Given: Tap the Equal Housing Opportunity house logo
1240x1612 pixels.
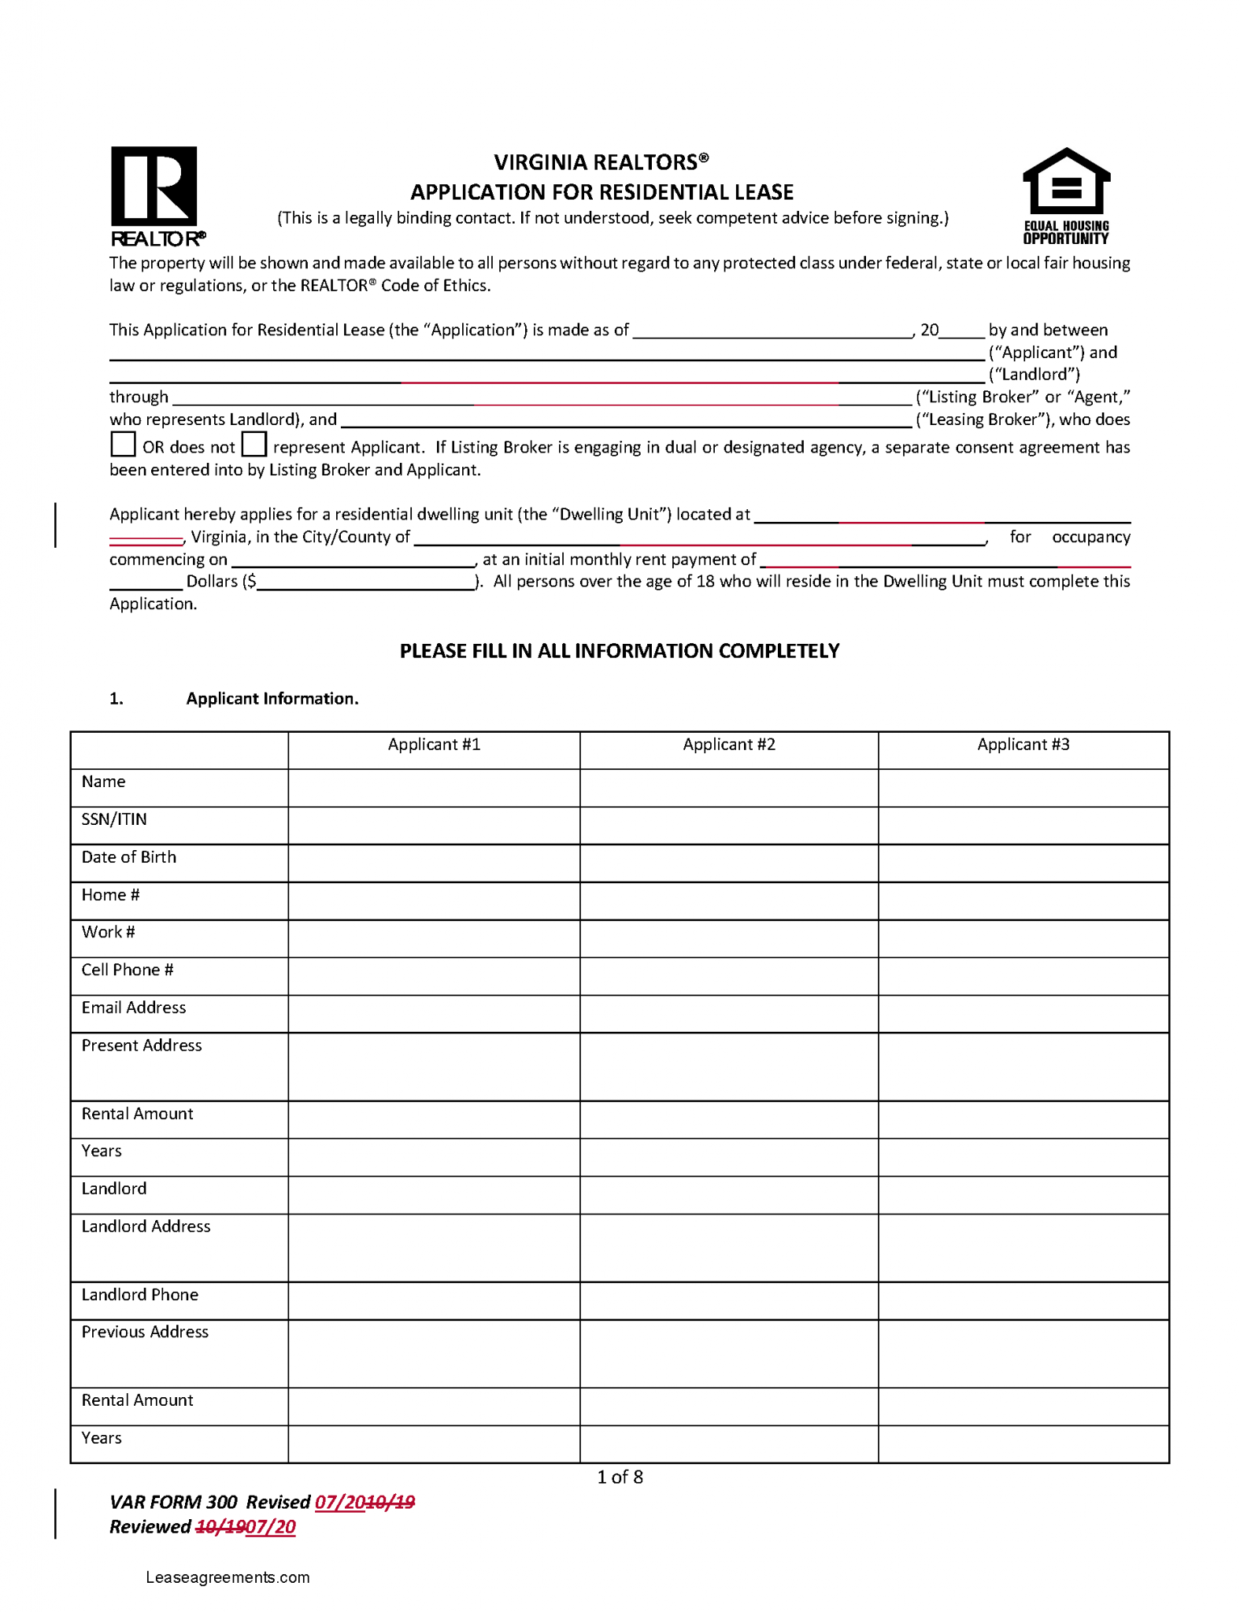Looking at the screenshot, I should click(1065, 194).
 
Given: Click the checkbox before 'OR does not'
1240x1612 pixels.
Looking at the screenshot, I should click(123, 445).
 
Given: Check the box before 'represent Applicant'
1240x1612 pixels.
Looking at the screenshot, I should click(254, 445).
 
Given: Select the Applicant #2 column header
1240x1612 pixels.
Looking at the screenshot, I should click(728, 745).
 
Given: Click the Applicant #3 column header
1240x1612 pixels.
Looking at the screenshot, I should click(1023, 745).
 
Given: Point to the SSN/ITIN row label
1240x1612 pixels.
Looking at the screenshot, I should click(114, 819).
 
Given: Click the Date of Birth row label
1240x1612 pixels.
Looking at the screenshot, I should click(129, 857).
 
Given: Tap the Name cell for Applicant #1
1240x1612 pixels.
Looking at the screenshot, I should click(434, 788).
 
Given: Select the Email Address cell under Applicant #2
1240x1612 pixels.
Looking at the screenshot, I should click(728, 1014).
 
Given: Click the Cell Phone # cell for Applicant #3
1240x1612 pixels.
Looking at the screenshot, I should click(1023, 976).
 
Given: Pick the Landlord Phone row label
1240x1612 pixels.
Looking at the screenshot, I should click(140, 1295).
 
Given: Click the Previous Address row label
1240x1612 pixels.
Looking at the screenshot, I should click(145, 1332).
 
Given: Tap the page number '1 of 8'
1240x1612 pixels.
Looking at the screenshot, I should click(620, 1477).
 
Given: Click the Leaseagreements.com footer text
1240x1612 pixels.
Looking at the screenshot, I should click(228, 1577).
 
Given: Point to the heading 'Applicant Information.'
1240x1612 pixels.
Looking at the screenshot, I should click(272, 699).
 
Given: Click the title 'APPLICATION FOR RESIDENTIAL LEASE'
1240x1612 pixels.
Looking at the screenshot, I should click(602, 192).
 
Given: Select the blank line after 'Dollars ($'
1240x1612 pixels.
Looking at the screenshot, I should click(366, 582).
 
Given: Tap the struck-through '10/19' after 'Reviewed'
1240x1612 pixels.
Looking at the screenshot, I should click(220, 1527).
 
